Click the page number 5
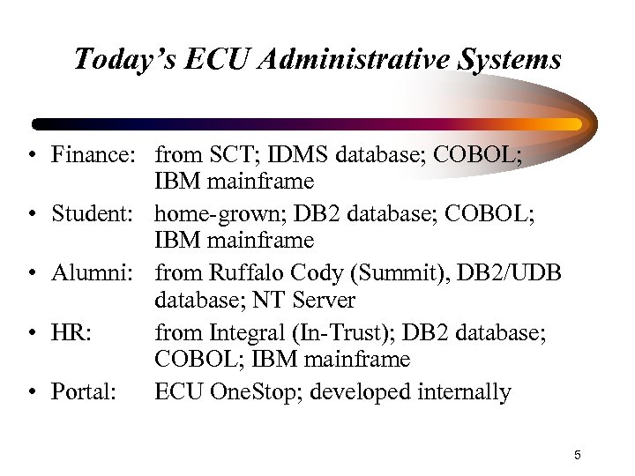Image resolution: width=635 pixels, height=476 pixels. [577, 455]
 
